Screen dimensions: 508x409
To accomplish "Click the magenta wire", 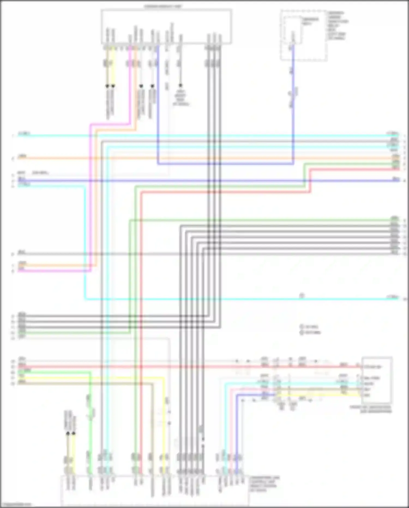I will click(55, 271).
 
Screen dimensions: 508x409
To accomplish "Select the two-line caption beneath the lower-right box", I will click(371, 409).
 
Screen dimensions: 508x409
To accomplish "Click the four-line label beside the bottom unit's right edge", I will click(264, 484).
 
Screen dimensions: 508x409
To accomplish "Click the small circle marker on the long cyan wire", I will click(302, 296).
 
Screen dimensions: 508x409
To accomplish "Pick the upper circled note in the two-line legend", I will click(310, 326).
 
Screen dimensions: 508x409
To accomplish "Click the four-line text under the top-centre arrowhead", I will click(181, 98).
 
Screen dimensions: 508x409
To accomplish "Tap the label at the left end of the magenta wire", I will click(21, 269).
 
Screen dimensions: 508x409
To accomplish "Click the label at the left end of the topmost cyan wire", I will click(24, 134).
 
